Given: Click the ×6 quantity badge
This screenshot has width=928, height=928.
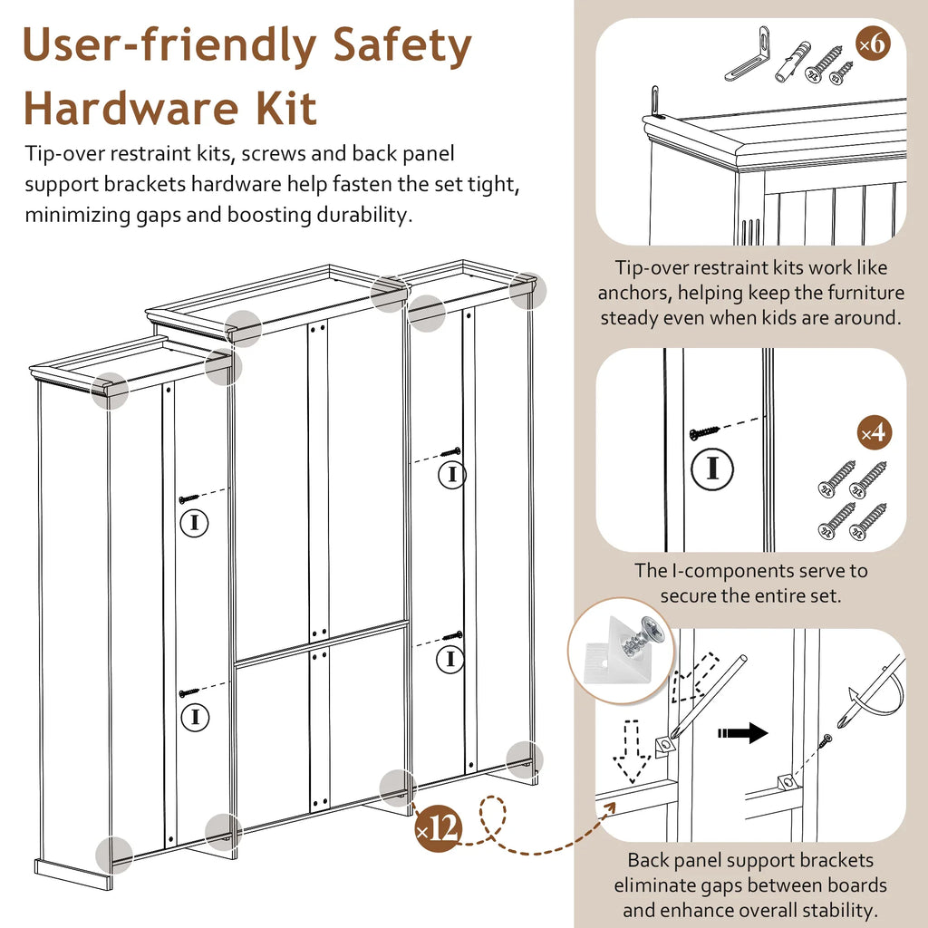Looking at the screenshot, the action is click(x=873, y=43).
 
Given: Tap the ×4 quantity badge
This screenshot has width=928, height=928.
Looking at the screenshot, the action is click(x=875, y=433).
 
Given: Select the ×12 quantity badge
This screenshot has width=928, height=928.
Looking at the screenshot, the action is click(x=438, y=827).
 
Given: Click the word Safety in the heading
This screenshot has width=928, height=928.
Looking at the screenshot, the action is click(x=401, y=45).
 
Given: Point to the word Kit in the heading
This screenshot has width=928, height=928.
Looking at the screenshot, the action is click(x=286, y=109).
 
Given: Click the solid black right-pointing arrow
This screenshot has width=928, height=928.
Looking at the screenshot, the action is click(x=743, y=732).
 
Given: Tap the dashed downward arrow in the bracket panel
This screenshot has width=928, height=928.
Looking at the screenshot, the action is click(x=631, y=751).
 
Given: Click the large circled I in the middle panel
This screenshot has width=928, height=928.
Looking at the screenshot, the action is click(x=712, y=469).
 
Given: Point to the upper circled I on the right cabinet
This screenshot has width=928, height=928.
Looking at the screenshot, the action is click(x=452, y=475).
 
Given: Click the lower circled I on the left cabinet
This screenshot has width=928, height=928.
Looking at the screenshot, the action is click(x=195, y=718).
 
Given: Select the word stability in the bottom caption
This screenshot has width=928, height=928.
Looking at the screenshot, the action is click(x=840, y=910).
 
